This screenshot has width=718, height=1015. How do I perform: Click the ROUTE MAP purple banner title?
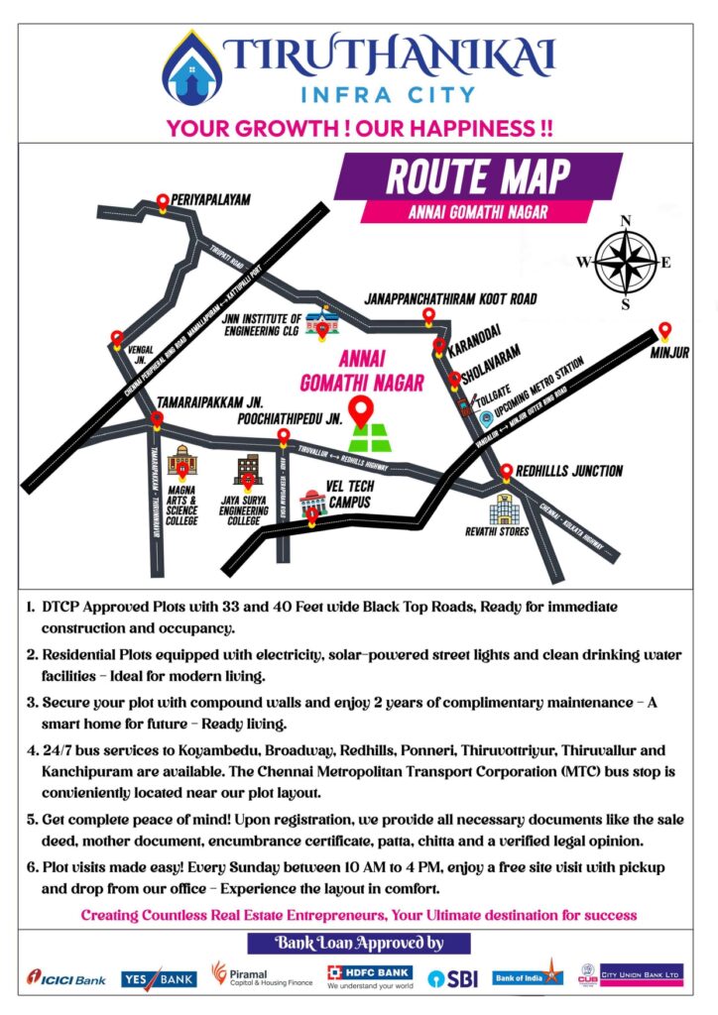pos(478,177)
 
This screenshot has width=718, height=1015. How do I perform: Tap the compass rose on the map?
pos(625,262)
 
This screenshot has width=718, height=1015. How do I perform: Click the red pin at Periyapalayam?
pos(163,203)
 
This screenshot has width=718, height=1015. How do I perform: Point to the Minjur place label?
pos(669,353)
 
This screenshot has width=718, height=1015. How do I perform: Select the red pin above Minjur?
pos(664,331)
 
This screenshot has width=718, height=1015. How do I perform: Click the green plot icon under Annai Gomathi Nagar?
pos(370,437)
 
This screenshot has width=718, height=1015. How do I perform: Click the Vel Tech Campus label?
pos(349,496)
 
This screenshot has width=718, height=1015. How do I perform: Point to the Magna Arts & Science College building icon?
pos(180,461)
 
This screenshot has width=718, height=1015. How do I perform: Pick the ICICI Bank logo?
pos(66,978)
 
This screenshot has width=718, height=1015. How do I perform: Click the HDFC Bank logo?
pos(370,977)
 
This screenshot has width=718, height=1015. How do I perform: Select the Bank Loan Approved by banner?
pos(358,943)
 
